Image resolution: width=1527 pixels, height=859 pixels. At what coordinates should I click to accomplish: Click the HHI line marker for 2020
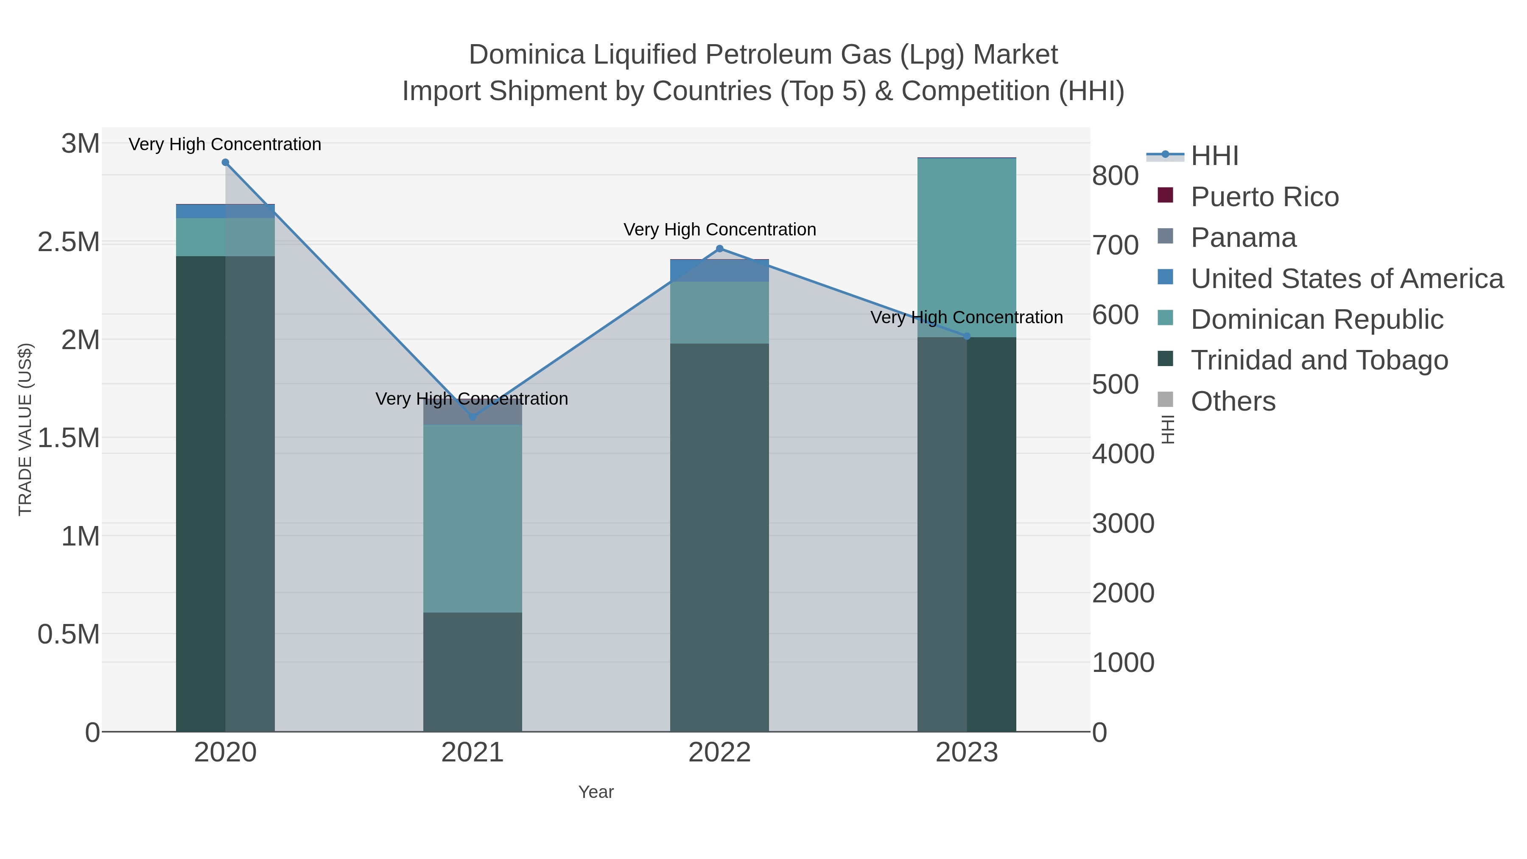pos(225,162)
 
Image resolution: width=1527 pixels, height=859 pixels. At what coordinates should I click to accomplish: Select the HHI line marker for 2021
pos(473,417)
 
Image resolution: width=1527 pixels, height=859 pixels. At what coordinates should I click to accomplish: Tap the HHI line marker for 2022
pos(720,249)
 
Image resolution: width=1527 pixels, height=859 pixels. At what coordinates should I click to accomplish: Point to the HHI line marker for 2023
pos(967,336)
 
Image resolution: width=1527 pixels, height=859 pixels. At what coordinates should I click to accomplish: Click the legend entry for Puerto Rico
pos(1264,197)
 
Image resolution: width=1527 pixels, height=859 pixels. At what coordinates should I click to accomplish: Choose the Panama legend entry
pos(1243,238)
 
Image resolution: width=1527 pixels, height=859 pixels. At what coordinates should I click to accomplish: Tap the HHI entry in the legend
pos(1214,156)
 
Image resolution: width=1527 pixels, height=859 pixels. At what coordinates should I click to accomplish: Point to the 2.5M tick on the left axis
pos(69,242)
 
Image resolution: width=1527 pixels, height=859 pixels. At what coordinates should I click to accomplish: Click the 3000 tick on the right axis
pos(1123,523)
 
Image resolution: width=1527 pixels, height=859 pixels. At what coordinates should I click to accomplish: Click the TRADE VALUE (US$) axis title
pos(25,429)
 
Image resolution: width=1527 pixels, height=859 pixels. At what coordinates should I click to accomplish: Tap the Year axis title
pos(596,792)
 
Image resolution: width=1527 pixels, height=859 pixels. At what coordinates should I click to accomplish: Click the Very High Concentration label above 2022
pos(720,229)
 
